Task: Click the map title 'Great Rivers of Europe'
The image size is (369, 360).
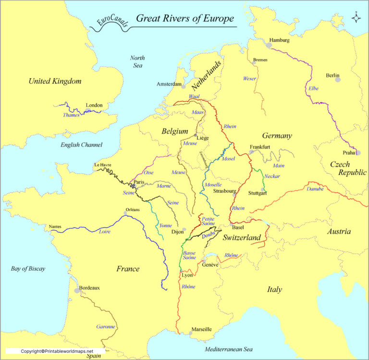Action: pos(185,19)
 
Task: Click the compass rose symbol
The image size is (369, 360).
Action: pos(357,18)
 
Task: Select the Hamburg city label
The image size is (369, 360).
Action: pos(279,40)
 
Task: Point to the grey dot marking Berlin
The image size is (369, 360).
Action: pos(338,80)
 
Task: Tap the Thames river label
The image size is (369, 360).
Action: pos(71,115)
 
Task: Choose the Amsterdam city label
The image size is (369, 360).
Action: pos(169,84)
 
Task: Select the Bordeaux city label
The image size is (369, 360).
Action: pos(89,287)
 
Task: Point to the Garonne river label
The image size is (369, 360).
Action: pos(106,326)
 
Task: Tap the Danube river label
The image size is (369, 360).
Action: pos(315,188)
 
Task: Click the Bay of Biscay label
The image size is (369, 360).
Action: pos(28,269)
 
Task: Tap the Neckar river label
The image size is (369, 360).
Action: pos(272,176)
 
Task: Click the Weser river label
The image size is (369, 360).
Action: pos(249,78)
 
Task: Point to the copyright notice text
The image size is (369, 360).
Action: pos(56,351)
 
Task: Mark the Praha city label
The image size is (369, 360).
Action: pos(349,152)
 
